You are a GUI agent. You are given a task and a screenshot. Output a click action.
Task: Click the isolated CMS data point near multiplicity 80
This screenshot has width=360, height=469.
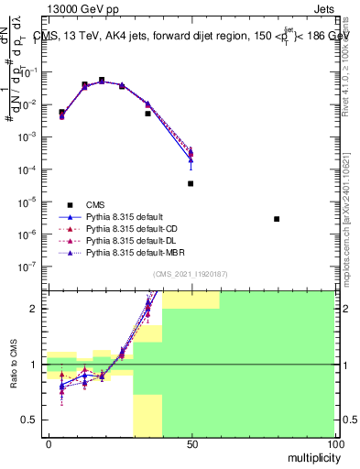click(277, 219)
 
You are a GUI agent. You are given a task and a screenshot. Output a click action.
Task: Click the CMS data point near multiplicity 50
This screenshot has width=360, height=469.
click(191, 183)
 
